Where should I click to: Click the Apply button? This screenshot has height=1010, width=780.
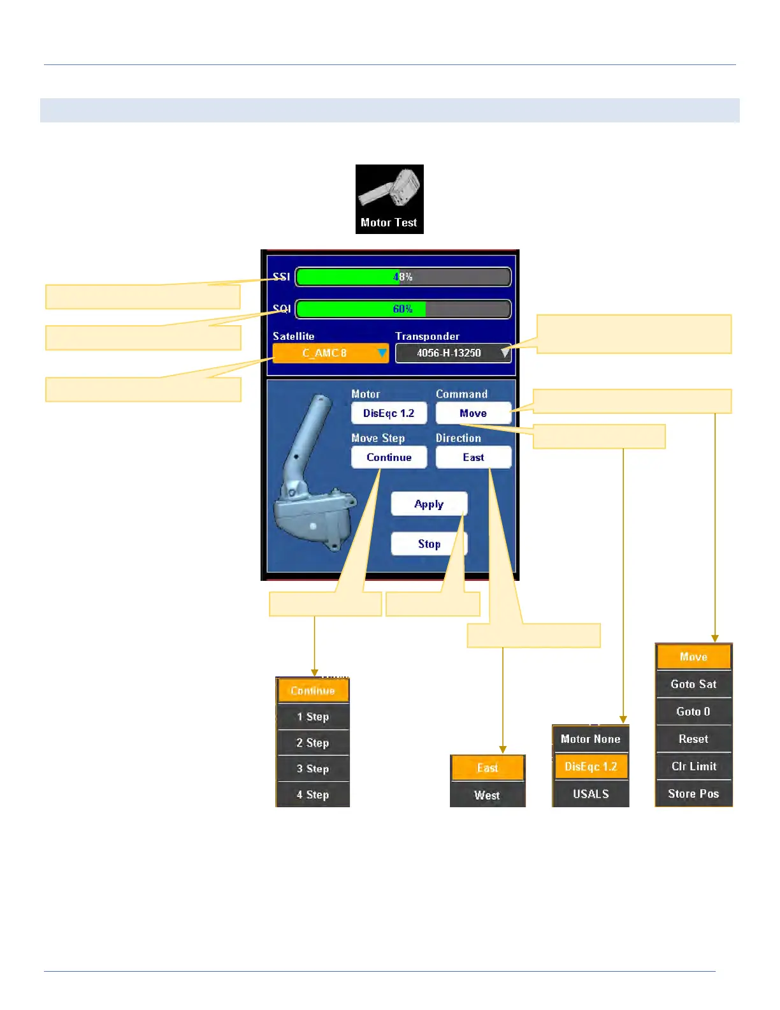pos(429,504)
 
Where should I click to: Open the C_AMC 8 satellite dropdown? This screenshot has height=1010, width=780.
pos(330,353)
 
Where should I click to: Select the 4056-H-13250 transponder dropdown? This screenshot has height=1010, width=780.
pos(452,353)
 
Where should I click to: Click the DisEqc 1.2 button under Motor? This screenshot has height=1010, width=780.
pos(389,413)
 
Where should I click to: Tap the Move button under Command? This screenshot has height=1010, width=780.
pos(473,413)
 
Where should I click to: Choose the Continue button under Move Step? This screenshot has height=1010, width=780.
pos(389,457)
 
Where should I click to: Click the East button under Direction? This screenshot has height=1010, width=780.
pos(473,457)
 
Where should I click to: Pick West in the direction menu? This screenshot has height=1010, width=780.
pos(487,795)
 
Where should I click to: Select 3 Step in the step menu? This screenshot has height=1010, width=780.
pos(313,768)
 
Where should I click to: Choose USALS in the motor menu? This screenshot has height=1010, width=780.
pos(591,794)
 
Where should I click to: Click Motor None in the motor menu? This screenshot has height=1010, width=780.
pos(591,739)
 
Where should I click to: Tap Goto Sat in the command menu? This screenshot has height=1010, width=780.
pos(693,684)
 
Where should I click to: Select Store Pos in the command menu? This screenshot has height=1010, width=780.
pos(693,794)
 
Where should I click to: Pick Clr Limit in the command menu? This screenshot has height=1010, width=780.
pos(693,766)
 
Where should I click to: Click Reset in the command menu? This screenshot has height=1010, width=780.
pos(693,739)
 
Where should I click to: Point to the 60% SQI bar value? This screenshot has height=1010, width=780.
pos(403,309)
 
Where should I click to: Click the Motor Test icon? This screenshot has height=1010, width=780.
pos(389,199)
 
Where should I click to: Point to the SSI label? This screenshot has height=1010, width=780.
pos(281,277)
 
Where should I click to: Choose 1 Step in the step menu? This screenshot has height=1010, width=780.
pos(313,717)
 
